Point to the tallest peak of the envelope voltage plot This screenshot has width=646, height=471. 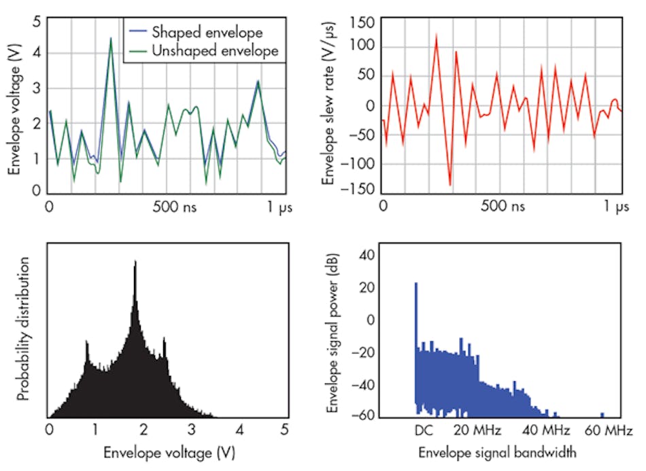[110, 39]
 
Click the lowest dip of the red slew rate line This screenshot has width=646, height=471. [449, 184]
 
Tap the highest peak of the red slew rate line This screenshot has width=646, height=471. [436, 35]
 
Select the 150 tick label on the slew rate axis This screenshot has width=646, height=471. [362, 22]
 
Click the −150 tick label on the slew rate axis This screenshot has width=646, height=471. [359, 188]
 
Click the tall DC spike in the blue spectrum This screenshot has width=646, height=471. [415, 285]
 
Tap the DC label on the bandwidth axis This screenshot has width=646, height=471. [424, 430]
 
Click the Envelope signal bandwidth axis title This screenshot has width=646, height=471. [498, 452]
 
